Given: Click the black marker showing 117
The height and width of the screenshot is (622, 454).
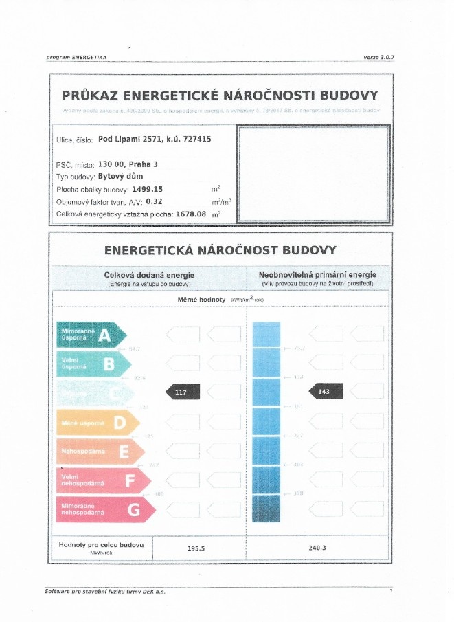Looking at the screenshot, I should point(183,392).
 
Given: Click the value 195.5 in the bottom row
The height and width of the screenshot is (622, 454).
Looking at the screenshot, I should point(197,548).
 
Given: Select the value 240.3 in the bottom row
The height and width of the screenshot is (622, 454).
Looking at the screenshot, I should point(317,548).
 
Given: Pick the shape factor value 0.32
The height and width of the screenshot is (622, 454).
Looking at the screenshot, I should point(153,201).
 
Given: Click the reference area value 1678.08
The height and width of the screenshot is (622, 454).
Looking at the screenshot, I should point(192,214).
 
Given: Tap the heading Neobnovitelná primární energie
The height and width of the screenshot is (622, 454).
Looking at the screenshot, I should point(317,275).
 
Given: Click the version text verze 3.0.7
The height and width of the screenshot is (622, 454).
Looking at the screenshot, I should point(378,57).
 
